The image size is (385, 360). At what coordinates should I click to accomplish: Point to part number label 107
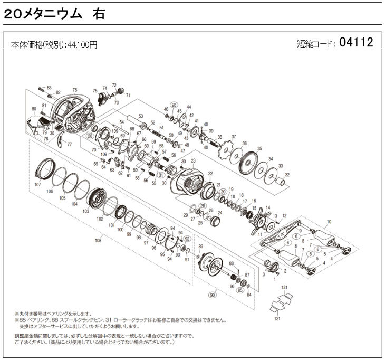pyautogui.click(x=37, y=185)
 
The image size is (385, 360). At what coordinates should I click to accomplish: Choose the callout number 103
pyautogui.click(x=85, y=211)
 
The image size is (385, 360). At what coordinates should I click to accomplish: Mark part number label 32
pyautogui.click(x=287, y=175)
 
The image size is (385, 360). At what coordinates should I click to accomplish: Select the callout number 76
pyautogui.click(x=74, y=90)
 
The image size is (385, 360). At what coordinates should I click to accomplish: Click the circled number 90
pyautogui.click(x=213, y=294)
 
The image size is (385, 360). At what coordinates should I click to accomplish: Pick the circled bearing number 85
pyautogui.click(x=240, y=290)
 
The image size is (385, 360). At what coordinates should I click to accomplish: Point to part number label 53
pyautogui.click(x=141, y=116)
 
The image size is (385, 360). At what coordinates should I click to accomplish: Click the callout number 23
pyautogui.click(x=193, y=160)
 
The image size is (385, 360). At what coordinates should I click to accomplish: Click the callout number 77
pyautogui.click(x=69, y=144)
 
